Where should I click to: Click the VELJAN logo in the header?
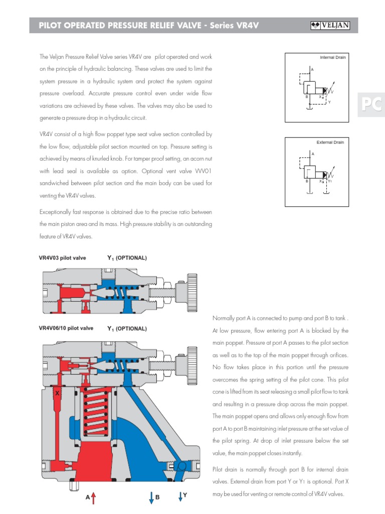point(330,26)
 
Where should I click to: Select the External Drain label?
point(330,143)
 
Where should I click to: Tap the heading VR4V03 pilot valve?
point(63,258)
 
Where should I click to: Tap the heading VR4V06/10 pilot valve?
point(66,328)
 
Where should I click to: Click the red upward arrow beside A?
point(93,497)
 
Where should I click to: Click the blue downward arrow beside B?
point(151,497)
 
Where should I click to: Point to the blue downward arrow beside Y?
point(180,496)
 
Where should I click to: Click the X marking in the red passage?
point(58,394)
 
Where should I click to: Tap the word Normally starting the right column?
point(224,318)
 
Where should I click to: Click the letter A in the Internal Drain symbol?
point(312,68)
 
